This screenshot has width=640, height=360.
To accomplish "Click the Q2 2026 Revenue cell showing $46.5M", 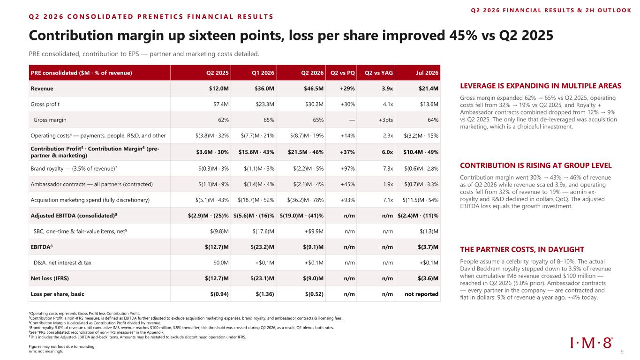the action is [x=314, y=89].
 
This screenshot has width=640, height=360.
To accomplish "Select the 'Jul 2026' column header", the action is [x=427, y=73].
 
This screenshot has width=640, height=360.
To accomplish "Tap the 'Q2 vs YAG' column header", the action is [x=378, y=73].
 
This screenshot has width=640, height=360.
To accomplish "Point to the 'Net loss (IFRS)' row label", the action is [x=50, y=278].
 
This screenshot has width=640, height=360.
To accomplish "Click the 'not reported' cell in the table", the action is [x=422, y=294].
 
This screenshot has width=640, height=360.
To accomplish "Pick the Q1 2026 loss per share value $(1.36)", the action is [x=265, y=294].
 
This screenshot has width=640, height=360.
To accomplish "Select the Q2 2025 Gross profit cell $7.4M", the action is [x=221, y=104].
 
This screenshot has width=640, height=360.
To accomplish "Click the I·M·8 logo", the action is [x=591, y=343].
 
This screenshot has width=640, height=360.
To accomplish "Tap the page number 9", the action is [x=622, y=352].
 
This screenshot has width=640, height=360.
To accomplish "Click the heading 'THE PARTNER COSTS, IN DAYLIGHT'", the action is [x=522, y=249].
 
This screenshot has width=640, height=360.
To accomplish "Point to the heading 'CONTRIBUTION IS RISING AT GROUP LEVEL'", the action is [x=536, y=165].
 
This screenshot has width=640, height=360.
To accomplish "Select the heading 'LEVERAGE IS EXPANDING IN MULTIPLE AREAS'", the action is [x=541, y=86].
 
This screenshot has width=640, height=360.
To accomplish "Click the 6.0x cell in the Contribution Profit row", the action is [x=387, y=152].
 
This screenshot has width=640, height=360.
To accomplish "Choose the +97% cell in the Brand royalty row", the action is [x=347, y=169].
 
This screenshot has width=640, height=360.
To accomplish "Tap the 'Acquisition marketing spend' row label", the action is [x=90, y=200].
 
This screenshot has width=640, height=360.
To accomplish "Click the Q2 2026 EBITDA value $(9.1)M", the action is [x=313, y=247].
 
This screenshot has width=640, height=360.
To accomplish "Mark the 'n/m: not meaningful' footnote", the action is [x=46, y=352].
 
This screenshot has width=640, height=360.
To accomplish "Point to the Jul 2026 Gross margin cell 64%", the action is [x=433, y=120].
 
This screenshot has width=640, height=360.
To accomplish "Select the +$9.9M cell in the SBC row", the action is [x=314, y=232].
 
